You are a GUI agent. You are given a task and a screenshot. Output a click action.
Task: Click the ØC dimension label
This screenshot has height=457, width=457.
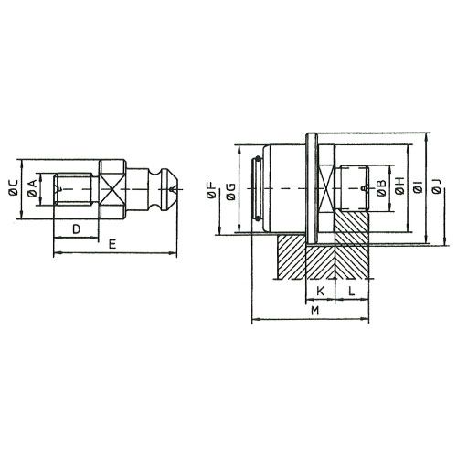point(14,187)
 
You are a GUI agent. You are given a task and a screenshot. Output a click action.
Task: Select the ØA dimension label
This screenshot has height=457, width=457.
point(32,187)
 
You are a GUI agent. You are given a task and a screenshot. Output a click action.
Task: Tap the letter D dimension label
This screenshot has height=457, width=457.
point(76,228)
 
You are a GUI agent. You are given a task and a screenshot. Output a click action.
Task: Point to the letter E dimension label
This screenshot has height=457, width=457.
point(112,244)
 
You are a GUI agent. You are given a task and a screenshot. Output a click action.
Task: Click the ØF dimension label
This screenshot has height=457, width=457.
point(211,191)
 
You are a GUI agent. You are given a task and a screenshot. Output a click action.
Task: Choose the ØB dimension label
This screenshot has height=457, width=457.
point(381,187)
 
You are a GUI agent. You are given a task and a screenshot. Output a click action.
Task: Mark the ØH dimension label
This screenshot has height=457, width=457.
point(400,186)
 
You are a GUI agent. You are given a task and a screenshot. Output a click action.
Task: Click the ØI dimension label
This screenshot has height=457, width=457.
point(419,186)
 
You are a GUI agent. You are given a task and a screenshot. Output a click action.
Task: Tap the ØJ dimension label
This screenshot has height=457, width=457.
point(437,186)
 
